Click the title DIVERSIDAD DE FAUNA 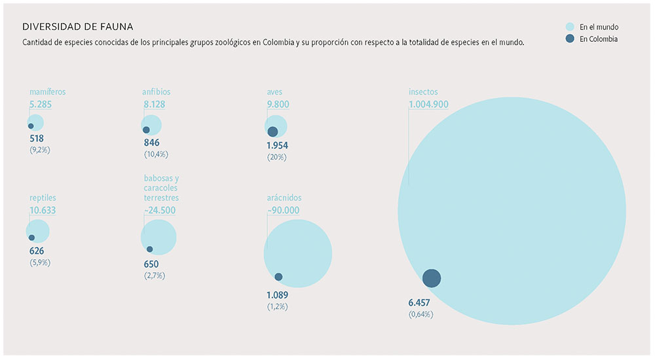point(77,27)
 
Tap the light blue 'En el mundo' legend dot point(570,27)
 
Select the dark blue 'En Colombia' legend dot point(570,39)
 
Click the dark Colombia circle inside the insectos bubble point(431,278)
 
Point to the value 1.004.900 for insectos point(428,104)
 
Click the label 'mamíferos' point(47,92)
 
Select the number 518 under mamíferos point(37,139)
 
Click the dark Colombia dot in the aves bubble point(272,132)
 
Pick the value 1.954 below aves point(278,145)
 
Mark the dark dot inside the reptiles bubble point(31,238)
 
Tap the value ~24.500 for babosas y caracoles point(159,210)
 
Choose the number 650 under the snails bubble point(151,264)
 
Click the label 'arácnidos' point(284,198)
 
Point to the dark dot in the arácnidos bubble point(278,277)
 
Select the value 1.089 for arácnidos point(277,295)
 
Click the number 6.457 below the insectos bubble point(421,303)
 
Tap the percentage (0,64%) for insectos point(421,315)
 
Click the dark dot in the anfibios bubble point(146,130)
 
